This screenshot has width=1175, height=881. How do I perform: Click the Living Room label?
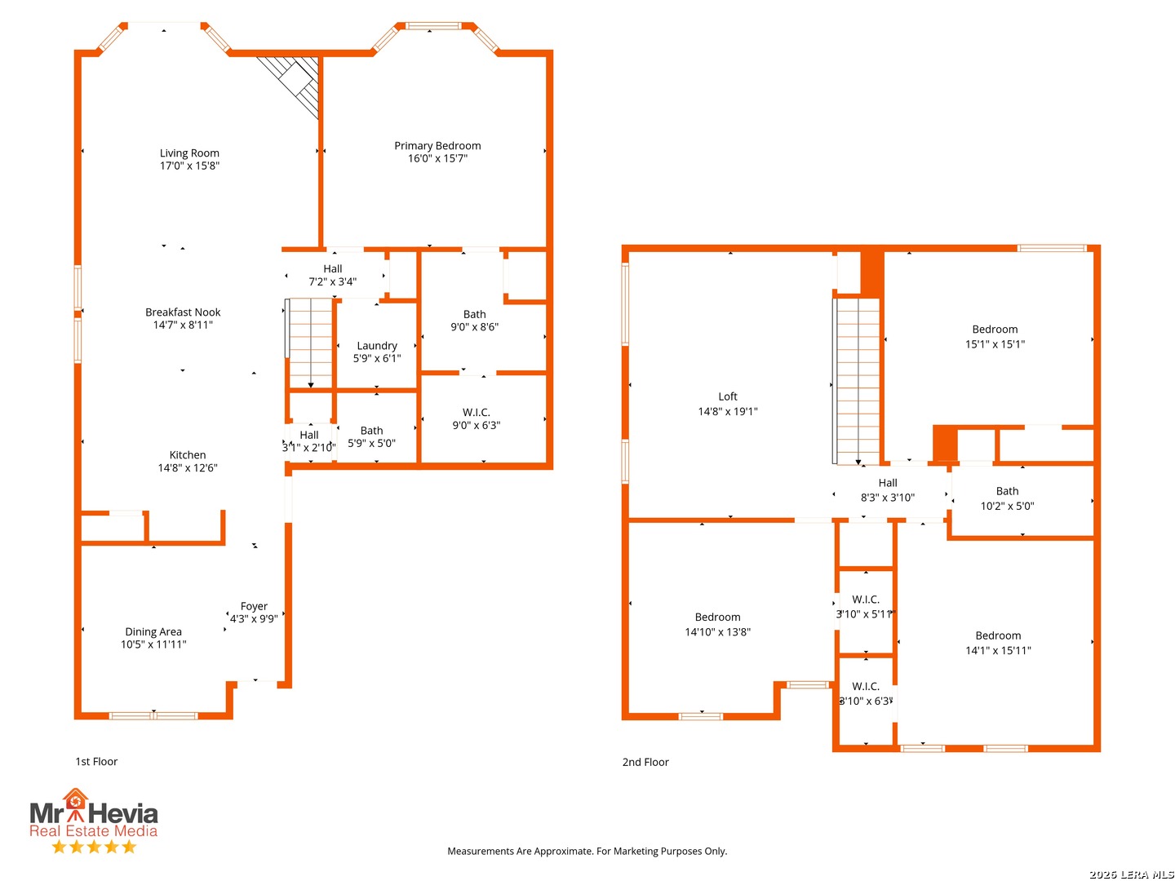point(189,153)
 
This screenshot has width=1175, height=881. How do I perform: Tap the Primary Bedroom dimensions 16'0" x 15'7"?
point(437,158)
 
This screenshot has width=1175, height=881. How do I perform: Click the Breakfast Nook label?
point(183,312)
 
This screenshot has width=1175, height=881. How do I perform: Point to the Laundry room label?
point(377,346)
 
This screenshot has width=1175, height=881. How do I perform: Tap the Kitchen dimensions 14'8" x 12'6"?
point(188,467)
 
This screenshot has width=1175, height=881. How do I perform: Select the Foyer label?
point(253,606)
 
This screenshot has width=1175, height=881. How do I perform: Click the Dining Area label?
point(153,631)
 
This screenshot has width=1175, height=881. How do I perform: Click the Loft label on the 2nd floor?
point(727,396)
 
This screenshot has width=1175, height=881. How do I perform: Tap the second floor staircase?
point(857,382)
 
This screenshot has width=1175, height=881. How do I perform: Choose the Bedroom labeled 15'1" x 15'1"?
point(994,330)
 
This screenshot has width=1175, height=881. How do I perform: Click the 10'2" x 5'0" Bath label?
point(1006,491)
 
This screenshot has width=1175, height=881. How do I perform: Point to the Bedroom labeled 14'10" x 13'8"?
point(716,617)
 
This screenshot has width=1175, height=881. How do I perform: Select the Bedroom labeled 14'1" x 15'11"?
point(997,635)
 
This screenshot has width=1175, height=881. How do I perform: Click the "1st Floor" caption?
point(96,761)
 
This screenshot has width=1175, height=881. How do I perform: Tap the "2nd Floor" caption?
point(645,762)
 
